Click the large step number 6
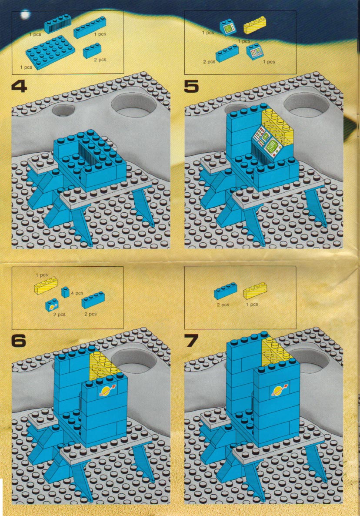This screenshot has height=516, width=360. tap(19, 341)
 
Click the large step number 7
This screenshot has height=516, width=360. tap(191, 341)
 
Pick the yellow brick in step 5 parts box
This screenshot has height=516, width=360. tap(255, 25)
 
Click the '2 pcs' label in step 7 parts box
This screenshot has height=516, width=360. tap(223, 305)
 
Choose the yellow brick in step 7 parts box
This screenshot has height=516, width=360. tap(255, 290)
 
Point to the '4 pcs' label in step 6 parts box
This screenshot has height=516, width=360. tap(77, 293)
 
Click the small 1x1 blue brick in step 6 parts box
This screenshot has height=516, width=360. tap(65, 292)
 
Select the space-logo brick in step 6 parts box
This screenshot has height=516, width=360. tap(52, 305)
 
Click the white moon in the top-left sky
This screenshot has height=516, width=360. tap(25, 14)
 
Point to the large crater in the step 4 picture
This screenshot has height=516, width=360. tap(134, 104)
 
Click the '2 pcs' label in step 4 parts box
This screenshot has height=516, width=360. tap(100, 60)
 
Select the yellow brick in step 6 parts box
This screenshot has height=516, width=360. tap(46, 285)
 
